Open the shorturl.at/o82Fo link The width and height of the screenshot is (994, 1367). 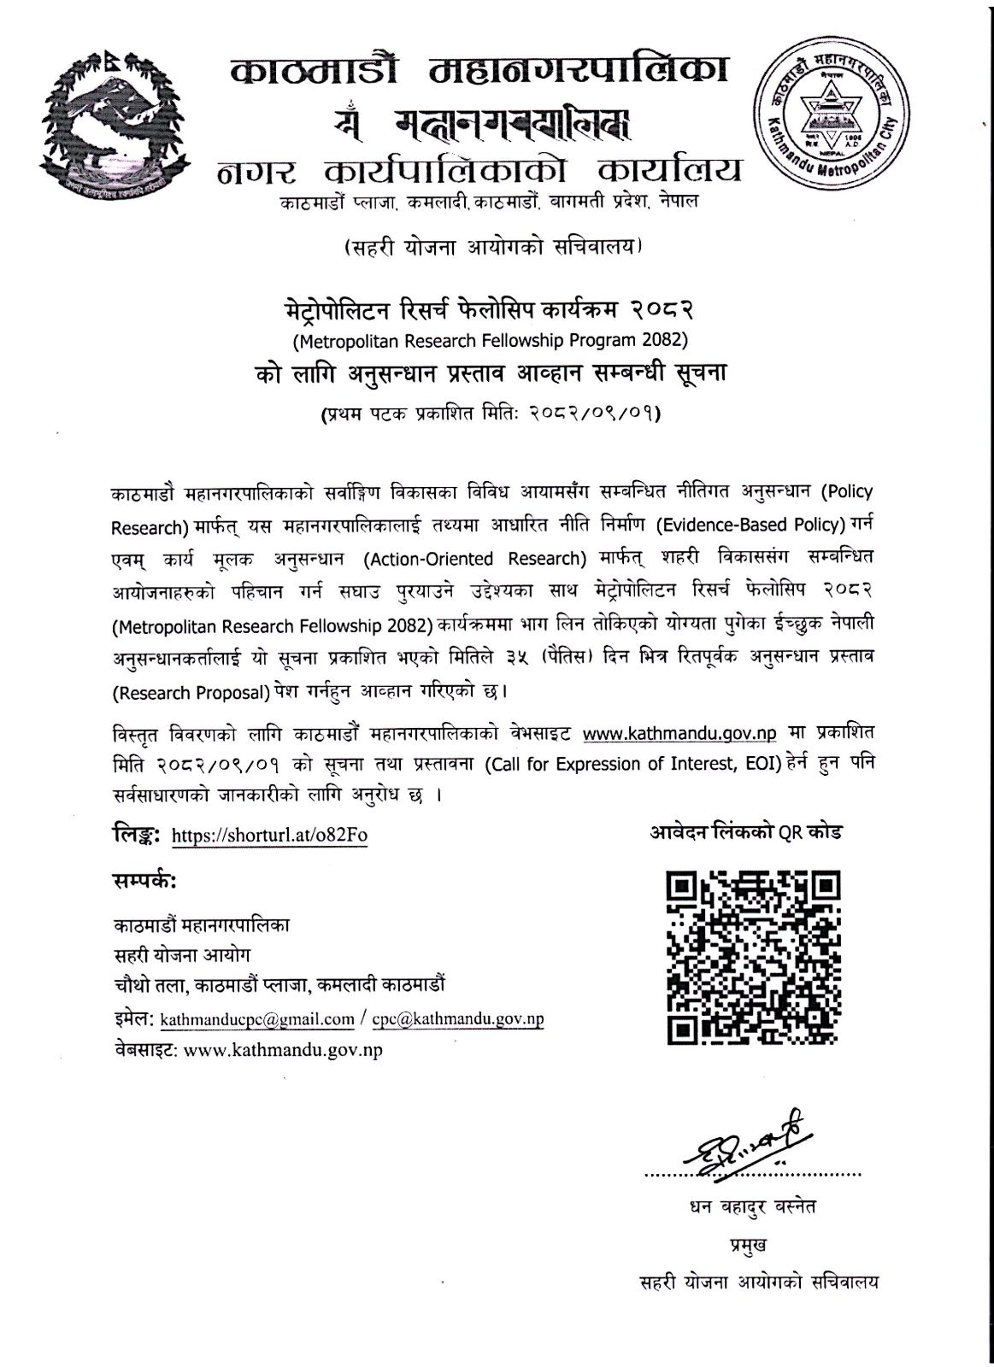coord(269,835)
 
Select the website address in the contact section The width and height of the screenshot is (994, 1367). coord(283,1050)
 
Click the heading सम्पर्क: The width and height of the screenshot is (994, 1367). coord(144,881)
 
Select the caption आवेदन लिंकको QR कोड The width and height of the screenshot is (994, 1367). coord(743,832)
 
